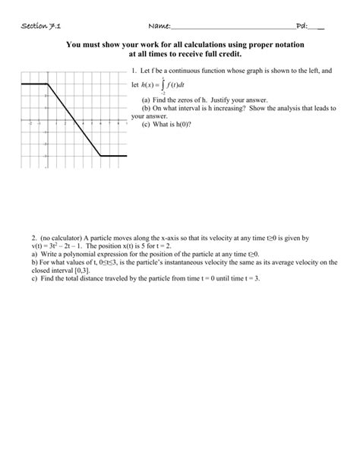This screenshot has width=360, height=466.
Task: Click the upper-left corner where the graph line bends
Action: click(x=48, y=84)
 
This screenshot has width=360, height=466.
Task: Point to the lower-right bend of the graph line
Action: click(x=101, y=155)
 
